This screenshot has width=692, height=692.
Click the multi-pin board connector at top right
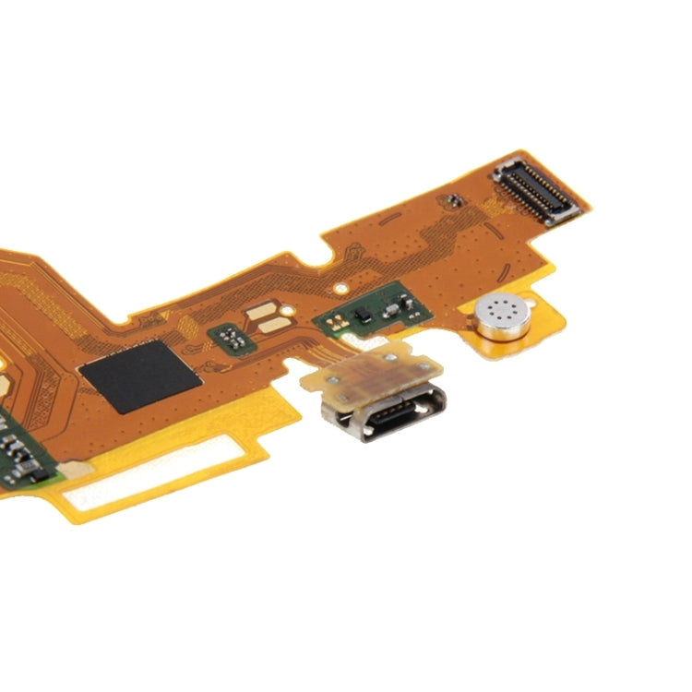537,192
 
